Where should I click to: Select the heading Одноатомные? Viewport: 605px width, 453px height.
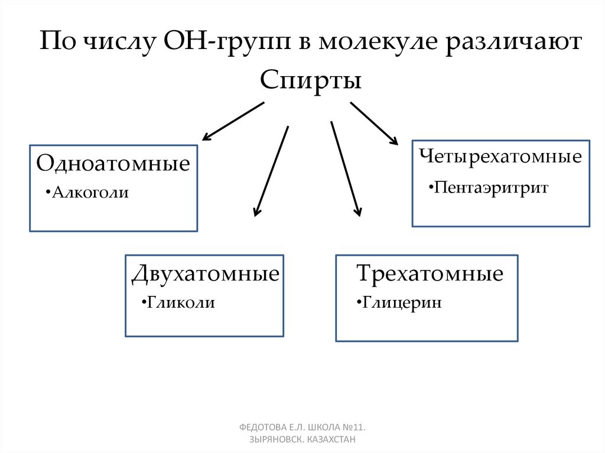click(x=113, y=164)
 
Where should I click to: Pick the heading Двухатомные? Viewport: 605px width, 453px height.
click(x=205, y=274)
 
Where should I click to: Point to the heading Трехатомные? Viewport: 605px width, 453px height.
click(x=430, y=274)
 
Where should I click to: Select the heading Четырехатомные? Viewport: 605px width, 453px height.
click(x=501, y=157)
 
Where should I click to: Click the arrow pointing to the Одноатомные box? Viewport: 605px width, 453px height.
click(x=233, y=121)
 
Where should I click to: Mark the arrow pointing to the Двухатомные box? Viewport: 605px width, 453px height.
click(x=271, y=171)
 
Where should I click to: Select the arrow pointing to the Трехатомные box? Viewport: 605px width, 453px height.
click(x=345, y=170)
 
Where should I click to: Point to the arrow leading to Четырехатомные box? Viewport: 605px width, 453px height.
click(x=374, y=123)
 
